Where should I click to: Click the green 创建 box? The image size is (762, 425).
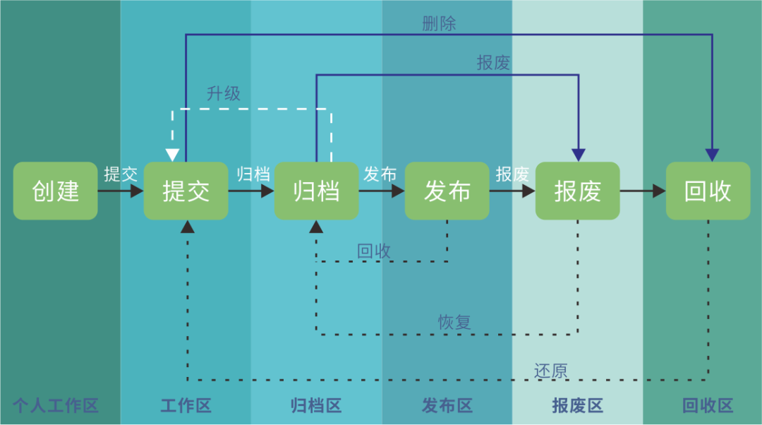[55, 191]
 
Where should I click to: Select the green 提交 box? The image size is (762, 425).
[186, 191]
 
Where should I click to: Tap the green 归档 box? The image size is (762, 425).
[316, 191]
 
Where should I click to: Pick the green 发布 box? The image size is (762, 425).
[447, 191]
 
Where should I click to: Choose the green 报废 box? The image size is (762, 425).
[577, 191]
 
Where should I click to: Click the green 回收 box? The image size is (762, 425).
[708, 191]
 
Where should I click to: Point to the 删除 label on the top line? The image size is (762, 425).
[439, 23]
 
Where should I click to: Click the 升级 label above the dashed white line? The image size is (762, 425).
[224, 93]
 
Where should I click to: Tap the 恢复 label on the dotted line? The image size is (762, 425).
[454, 322]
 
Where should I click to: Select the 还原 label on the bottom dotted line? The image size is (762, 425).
[550, 371]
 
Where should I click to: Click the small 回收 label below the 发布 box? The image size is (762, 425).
[374, 251]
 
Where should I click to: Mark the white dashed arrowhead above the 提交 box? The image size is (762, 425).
[172, 155]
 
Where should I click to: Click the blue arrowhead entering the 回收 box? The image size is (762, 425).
[713, 155]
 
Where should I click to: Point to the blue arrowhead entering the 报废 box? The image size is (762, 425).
[579, 155]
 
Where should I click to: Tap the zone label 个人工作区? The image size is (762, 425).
[56, 406]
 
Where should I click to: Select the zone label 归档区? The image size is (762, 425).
[316, 406]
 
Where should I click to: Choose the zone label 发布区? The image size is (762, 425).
[447, 406]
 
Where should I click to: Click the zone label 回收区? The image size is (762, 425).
[708, 406]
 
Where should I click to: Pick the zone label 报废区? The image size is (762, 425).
[577, 406]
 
